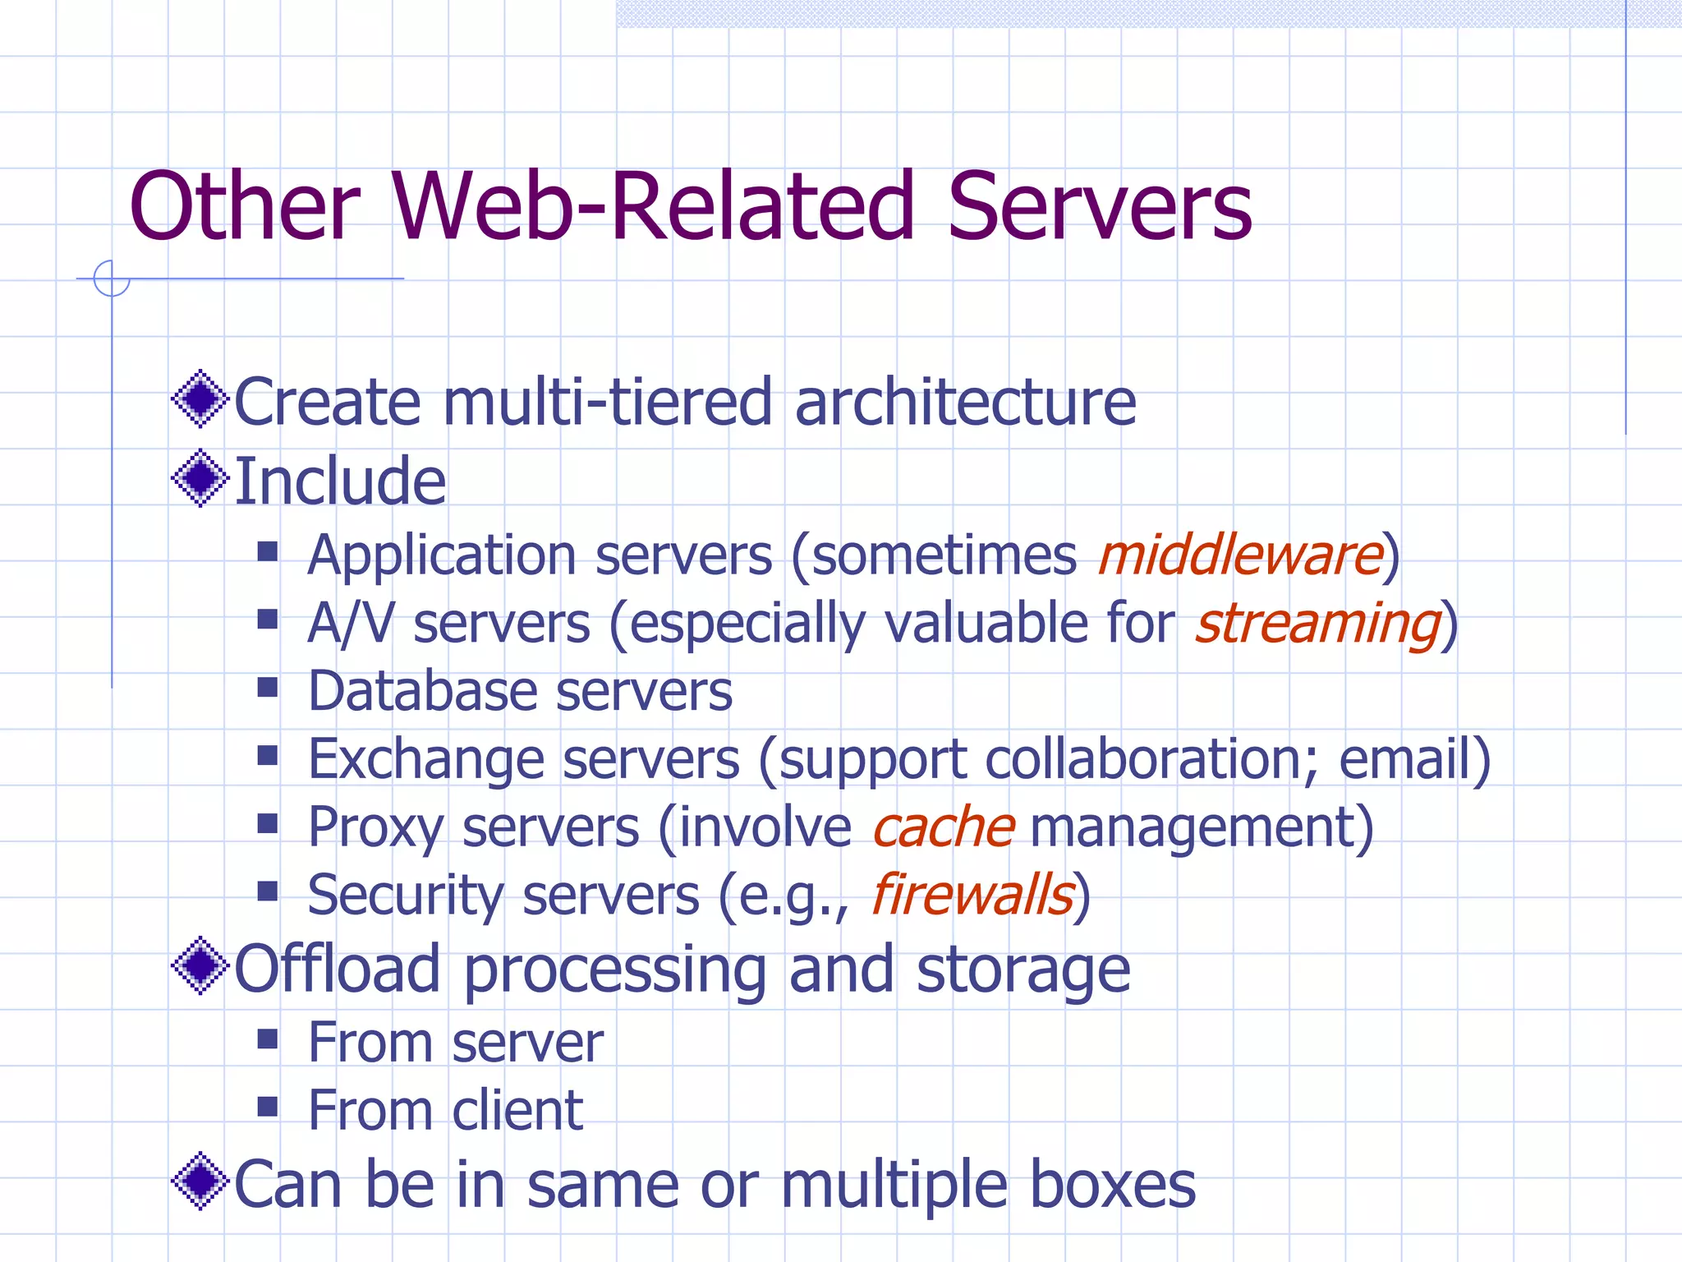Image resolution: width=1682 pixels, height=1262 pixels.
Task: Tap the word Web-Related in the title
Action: [x=652, y=207]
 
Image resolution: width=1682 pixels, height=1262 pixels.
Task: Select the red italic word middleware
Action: [x=1240, y=555]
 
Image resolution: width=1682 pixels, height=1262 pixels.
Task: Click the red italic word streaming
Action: [x=1317, y=624]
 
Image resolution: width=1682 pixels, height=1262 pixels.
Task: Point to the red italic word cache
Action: [x=943, y=827]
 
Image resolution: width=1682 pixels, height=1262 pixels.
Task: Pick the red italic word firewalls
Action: [x=972, y=895]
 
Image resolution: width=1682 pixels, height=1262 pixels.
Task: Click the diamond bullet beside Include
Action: [x=200, y=478]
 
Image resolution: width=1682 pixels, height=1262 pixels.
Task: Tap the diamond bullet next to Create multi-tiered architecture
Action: [x=200, y=399]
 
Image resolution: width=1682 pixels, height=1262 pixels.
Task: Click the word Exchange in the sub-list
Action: [x=425, y=759]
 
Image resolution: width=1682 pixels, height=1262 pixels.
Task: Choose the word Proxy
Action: [x=376, y=827]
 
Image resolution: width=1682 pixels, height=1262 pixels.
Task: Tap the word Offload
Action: [x=337, y=970]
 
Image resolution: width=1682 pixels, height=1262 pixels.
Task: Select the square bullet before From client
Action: [x=268, y=1107]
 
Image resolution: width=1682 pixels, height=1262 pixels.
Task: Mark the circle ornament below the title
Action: [x=112, y=279]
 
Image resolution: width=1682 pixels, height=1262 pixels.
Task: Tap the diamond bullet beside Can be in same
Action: [x=200, y=1181]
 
